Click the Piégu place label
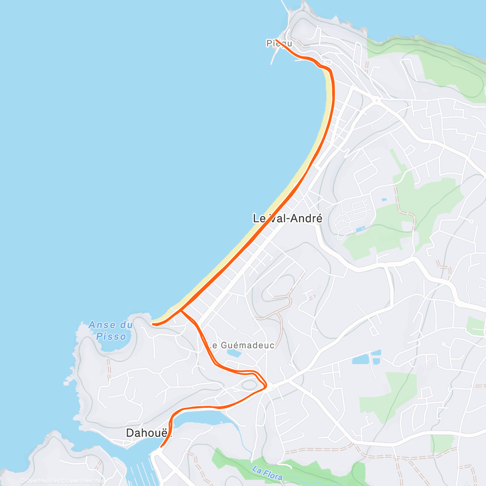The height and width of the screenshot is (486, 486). [279, 43]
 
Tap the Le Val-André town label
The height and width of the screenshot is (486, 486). [288, 219]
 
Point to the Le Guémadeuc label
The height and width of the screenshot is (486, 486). [241, 345]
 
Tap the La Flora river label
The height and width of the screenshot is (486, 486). [267, 473]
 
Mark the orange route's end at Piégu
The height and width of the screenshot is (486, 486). [277, 40]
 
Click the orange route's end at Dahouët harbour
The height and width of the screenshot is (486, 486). [161, 447]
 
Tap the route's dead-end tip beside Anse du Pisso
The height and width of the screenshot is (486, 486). [153, 324]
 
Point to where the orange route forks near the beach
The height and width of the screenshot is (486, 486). [181, 311]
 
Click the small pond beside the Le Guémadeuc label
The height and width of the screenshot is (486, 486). [234, 354]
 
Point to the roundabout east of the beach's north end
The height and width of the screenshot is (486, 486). [377, 100]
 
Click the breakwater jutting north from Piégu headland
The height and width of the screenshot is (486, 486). [286, 7]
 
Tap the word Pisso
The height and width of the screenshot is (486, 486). [111, 337]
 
